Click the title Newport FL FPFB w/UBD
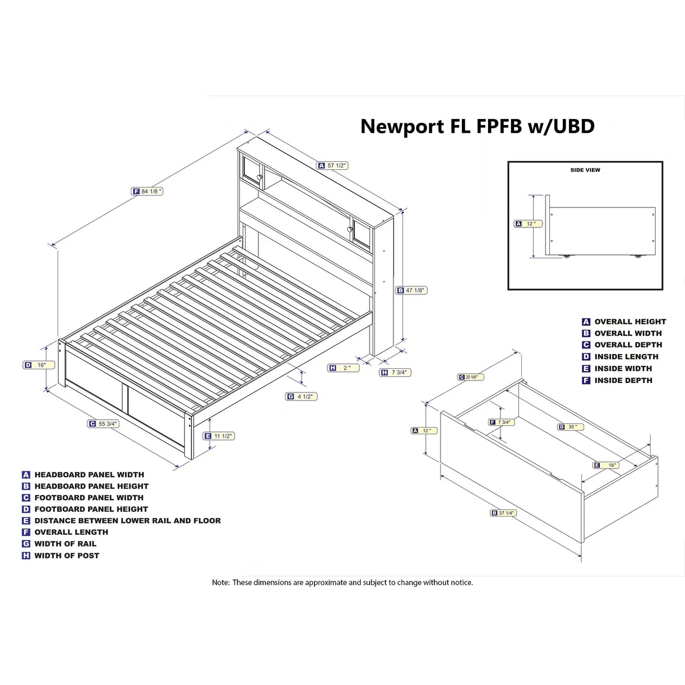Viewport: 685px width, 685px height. (x=477, y=127)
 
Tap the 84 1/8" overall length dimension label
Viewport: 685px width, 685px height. (x=147, y=191)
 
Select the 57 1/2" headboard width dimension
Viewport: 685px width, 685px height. (x=333, y=166)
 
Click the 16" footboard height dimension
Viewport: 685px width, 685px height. (x=39, y=365)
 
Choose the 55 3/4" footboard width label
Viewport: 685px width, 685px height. (x=103, y=424)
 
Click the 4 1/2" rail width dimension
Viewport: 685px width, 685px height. (x=301, y=396)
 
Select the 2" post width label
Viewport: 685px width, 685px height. (x=343, y=368)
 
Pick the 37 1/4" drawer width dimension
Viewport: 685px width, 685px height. (x=503, y=513)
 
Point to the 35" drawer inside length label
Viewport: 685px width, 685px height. (x=570, y=427)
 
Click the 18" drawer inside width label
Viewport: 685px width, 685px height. (x=607, y=465)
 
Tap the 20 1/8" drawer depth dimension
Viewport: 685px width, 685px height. (x=470, y=377)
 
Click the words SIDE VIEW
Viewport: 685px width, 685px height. (x=585, y=170)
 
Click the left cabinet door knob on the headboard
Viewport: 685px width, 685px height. (x=260, y=177)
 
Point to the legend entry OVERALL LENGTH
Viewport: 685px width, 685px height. (x=71, y=532)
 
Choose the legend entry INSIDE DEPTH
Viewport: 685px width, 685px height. (x=623, y=381)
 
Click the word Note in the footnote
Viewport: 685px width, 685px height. (x=220, y=583)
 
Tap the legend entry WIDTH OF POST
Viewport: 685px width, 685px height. (x=67, y=556)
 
